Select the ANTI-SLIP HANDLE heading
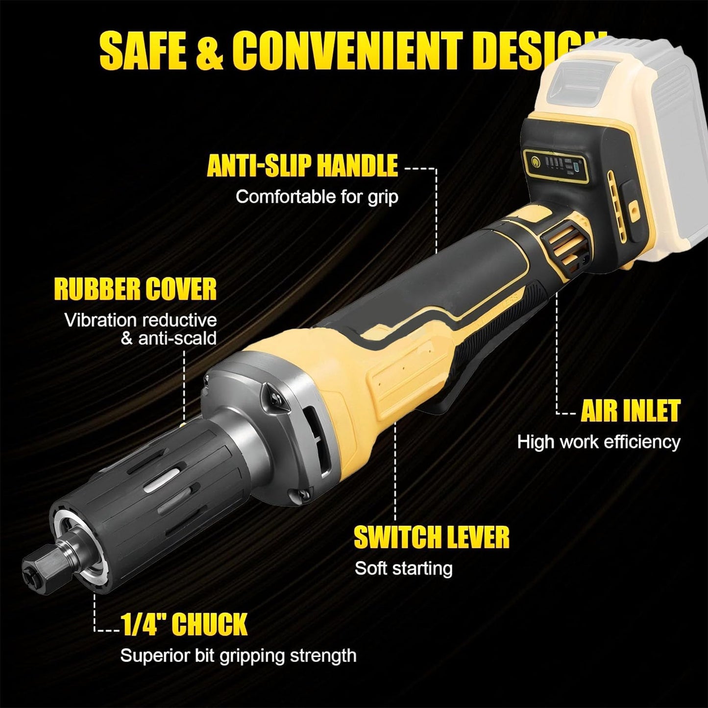302,166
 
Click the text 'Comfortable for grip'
317,197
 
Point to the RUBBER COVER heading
135,289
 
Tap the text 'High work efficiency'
599,442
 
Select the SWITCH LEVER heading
431,537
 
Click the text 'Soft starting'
403,568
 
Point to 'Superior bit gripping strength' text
238,656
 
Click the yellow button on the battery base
635,209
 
